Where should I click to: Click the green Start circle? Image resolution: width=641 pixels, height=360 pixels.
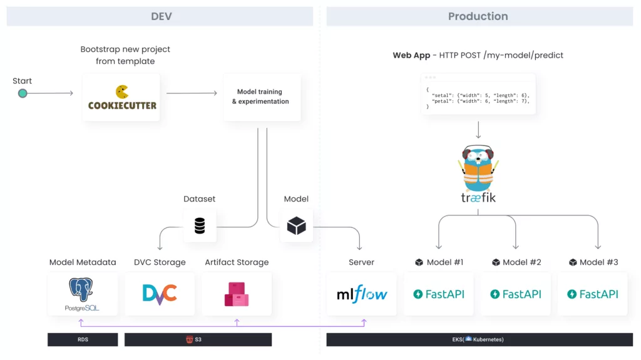(x=23, y=93)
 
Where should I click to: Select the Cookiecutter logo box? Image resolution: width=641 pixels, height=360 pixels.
(x=121, y=98)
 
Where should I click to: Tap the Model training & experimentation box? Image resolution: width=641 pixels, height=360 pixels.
(x=262, y=98)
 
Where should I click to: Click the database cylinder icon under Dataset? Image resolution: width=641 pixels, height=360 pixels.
(x=200, y=225)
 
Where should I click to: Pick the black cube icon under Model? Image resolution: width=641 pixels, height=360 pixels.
(x=296, y=225)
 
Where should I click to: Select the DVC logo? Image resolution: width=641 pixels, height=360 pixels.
(x=160, y=294)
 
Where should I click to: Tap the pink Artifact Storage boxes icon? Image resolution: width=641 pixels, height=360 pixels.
(x=236, y=294)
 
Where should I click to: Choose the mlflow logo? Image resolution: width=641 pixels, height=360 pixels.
(x=362, y=294)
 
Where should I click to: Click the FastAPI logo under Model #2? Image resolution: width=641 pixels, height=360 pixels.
(x=516, y=294)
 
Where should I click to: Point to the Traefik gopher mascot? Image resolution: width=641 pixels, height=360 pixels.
(x=478, y=168)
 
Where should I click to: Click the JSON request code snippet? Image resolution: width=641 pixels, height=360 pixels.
(x=478, y=98)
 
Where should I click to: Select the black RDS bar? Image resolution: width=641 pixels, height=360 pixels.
(x=83, y=339)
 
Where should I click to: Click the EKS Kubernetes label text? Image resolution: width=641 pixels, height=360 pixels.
(x=478, y=339)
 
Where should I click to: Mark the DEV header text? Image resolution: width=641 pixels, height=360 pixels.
(x=162, y=16)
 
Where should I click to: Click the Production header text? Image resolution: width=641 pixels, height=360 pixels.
(x=478, y=16)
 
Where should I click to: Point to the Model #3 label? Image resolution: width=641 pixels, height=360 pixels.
(x=593, y=262)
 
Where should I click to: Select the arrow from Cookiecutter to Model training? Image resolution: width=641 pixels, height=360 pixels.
(x=192, y=93)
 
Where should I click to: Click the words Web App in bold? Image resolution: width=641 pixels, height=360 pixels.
(x=411, y=56)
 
